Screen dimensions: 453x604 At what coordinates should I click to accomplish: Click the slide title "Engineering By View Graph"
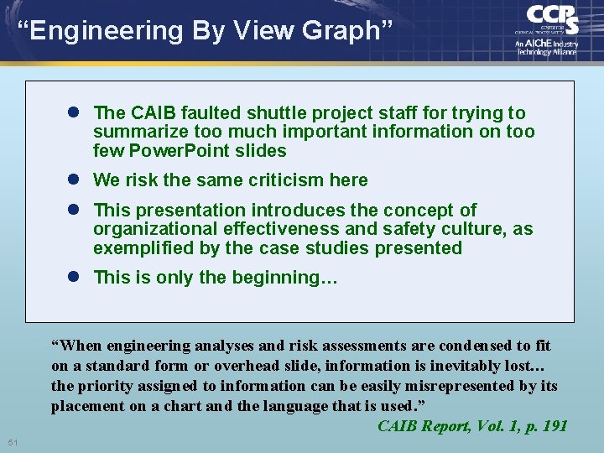click(205, 31)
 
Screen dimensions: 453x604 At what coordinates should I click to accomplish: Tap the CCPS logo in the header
click(551, 19)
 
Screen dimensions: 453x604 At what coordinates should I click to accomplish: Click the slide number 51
click(13, 442)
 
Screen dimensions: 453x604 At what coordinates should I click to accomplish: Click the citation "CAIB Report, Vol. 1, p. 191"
click(472, 426)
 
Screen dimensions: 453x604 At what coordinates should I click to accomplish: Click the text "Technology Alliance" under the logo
click(546, 52)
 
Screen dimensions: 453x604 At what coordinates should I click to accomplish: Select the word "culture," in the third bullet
click(478, 229)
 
